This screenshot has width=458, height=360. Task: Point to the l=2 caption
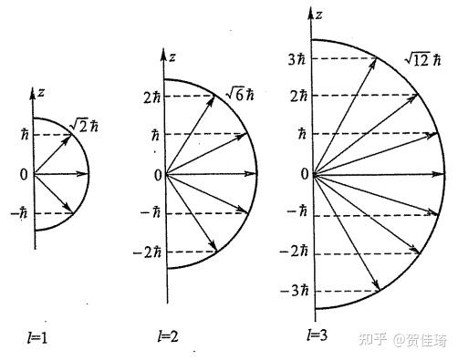point(166,337)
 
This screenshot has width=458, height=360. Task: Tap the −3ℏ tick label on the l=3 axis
point(294,291)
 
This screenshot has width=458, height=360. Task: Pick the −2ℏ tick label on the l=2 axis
point(147,252)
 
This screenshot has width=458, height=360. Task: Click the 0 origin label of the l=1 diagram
point(26,173)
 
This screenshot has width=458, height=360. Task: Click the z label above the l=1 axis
point(42,92)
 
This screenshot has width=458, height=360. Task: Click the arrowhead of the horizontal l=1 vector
point(86,173)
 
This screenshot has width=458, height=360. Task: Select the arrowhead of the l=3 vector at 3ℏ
point(376,61)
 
